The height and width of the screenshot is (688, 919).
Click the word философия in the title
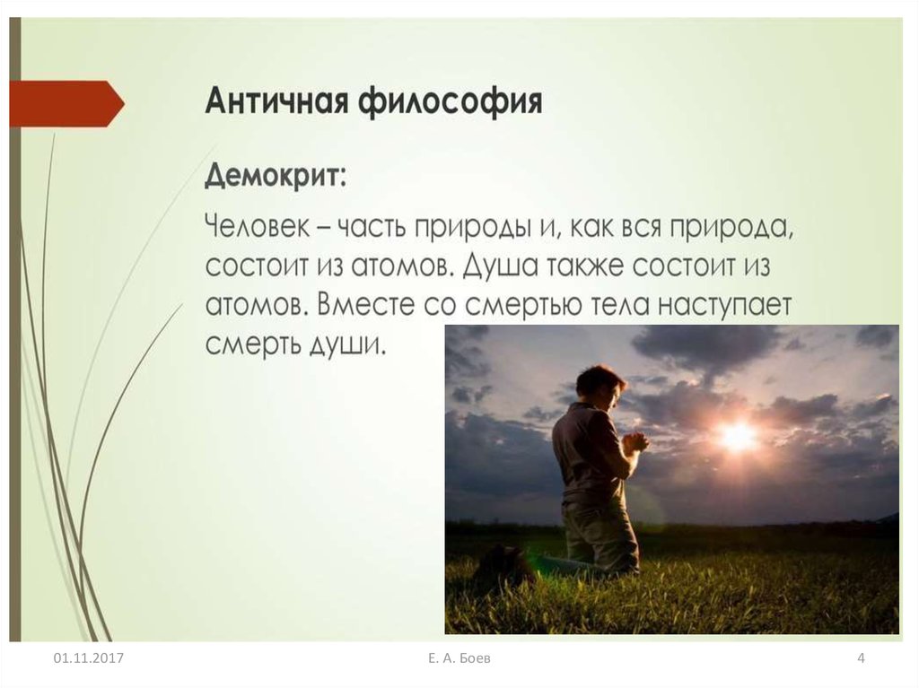tap(450, 102)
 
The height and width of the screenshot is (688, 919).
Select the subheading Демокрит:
tap(276, 175)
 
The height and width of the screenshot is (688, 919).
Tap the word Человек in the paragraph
tap(257, 227)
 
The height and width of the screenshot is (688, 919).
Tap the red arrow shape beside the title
tap(66, 104)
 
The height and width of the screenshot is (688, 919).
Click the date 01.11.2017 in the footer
tap(89, 658)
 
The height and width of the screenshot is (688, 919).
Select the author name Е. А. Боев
tap(459, 658)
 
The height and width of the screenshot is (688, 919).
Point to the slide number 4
tap(861, 658)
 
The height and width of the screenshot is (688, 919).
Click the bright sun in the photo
tap(738, 435)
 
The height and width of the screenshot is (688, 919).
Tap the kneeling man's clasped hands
tap(635, 440)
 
